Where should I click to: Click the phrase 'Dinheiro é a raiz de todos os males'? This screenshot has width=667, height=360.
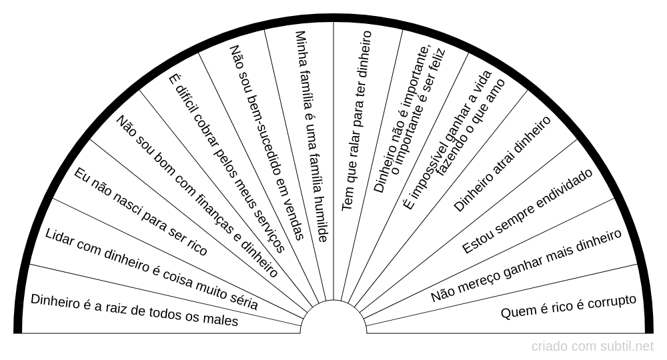point(135,309)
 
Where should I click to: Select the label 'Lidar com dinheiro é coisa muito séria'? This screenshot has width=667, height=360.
point(151,269)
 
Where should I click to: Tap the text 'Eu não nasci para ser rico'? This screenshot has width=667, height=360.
point(141,211)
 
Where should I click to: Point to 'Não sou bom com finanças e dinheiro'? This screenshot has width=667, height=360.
point(197,195)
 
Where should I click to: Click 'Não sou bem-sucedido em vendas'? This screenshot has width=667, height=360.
point(267,142)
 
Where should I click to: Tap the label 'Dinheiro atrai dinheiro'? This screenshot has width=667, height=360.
point(503,164)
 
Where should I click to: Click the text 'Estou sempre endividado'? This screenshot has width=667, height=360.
point(527,211)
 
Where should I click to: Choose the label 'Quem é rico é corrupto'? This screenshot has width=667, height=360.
point(568,307)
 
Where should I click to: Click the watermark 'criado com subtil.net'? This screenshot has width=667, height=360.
point(592,347)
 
